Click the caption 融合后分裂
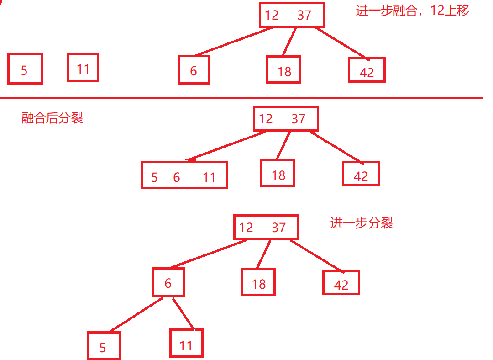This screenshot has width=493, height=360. (52, 118)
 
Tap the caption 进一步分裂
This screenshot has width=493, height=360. (361, 223)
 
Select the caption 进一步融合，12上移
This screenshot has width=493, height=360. (412, 11)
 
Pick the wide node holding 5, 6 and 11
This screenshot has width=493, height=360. (184, 175)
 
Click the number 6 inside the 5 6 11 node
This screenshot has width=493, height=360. (177, 177)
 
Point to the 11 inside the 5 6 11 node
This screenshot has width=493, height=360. (209, 177)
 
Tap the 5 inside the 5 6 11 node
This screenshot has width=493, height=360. (154, 177)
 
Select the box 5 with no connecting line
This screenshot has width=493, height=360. (25, 69)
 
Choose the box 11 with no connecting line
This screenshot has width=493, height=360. (83, 68)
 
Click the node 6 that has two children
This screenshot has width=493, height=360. (168, 282)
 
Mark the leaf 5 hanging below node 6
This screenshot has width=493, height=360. (104, 346)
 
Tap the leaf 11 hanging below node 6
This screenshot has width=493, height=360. (186, 343)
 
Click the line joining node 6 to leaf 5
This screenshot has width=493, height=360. (136, 315)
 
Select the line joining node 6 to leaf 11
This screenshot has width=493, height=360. (183, 313)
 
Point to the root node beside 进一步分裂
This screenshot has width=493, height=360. (266, 227)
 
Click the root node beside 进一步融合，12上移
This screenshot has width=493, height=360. (291, 15)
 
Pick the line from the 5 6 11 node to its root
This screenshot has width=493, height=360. (228, 146)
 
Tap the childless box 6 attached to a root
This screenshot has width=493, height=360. (194, 70)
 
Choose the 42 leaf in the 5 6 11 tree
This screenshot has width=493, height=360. (361, 174)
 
